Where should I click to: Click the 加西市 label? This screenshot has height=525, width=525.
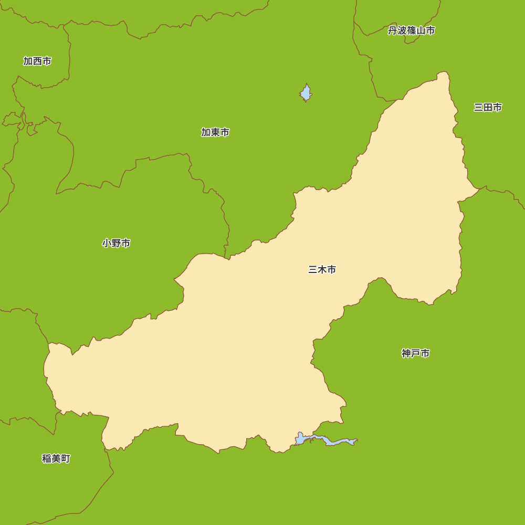pos(37,61)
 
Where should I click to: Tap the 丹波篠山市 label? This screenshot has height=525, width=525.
pos(412,30)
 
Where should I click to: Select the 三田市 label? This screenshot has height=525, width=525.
pos(488,107)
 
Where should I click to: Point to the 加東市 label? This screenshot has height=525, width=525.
pos(215,132)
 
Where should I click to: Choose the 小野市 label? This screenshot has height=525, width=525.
pos(117,243)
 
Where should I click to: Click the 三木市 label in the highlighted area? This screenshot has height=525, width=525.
pos(322,269)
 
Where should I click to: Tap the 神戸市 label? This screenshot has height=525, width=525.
pos(416,353)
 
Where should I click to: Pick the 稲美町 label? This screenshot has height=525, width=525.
pos(56,458)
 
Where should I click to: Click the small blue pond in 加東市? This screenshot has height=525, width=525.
pos(306,93)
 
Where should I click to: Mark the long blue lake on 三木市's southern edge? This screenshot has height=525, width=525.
pos(328,440)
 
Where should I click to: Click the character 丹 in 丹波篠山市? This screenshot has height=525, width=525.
pos(393,30)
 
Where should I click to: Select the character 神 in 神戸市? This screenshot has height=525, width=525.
pos(406,353)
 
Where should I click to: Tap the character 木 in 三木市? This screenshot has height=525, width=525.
pos(322,269)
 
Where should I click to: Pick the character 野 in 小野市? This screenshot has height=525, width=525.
pos(117,243)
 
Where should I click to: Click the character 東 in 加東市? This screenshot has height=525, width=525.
pos(215,132)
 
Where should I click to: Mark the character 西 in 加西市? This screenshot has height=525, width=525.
pos(37,61)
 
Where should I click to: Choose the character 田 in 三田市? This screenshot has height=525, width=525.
pos(488,107)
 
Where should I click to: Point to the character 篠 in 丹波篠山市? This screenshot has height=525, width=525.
pos(412,30)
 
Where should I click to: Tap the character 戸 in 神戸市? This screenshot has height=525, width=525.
pos(416,353)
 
